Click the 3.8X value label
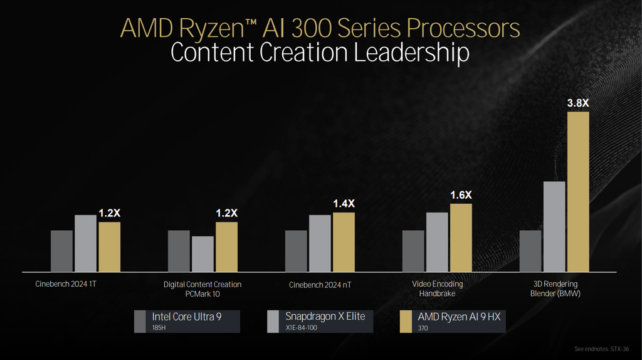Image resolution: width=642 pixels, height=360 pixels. pos(577,103)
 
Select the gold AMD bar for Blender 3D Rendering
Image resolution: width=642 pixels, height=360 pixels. pos(577,192)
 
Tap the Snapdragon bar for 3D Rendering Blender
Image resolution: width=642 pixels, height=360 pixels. pos(554,226)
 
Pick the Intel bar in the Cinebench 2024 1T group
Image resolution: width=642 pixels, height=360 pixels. pos(61,251)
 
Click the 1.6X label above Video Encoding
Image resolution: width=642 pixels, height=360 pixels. pos(461,195)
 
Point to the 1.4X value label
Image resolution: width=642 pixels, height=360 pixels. pos(344,204)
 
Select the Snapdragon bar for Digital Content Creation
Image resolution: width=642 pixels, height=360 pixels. pos(203,253)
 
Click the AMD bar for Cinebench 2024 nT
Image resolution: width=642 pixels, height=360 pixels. pos(344,241)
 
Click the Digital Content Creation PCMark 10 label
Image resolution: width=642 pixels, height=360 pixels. pos(203,289)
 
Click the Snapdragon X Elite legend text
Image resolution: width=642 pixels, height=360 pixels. pos(325,316)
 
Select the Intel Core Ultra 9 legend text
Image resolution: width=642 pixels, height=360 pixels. pos(186,317)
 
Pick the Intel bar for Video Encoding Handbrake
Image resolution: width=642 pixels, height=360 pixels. pos(413,251)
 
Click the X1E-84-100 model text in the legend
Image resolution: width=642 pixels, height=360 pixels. pos(302,328)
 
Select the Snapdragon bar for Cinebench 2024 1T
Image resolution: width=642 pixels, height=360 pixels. pos(85,243)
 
